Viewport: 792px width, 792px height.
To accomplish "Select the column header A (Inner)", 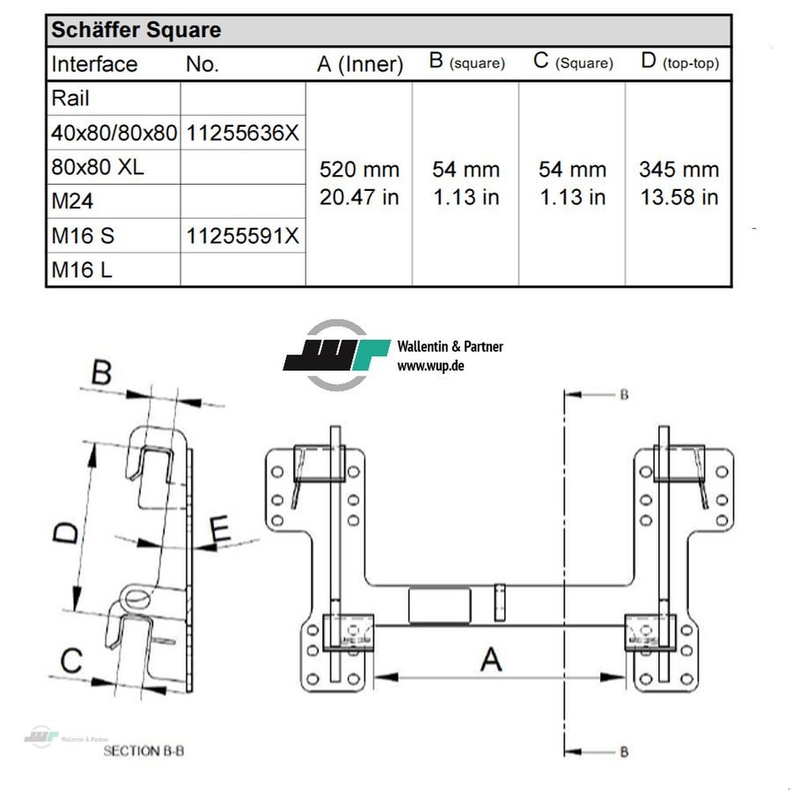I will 360,64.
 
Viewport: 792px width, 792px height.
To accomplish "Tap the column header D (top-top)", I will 678,62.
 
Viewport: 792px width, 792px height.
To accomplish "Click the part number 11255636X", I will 243,133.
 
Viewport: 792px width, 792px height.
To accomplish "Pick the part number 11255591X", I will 243,236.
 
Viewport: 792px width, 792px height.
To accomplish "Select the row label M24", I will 72,202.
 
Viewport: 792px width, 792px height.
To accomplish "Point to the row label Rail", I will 70,99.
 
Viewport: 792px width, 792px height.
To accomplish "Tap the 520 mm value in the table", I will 359,169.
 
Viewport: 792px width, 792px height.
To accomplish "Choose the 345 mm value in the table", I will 678,169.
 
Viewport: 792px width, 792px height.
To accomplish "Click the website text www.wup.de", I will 430,365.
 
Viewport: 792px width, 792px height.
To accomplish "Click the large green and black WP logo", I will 337,355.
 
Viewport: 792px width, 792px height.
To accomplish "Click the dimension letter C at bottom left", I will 72,660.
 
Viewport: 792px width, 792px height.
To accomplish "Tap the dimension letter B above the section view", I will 102,373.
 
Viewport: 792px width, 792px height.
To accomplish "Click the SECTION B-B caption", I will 143,751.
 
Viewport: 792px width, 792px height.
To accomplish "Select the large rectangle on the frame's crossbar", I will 439,605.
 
